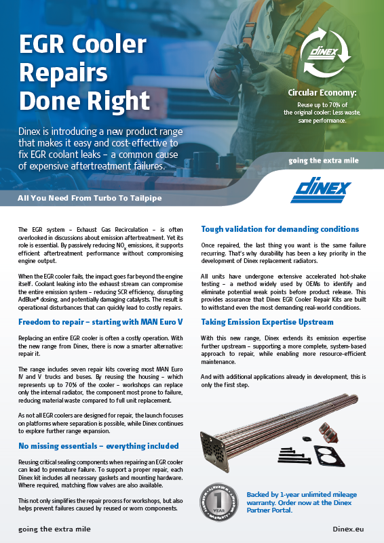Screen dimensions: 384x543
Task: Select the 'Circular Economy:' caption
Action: coord(322,92)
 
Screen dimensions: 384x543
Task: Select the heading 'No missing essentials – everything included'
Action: coord(98,445)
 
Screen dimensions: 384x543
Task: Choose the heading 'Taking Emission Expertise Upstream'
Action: coord(267,321)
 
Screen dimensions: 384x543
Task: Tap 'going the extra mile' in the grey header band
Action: coord(323,161)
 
